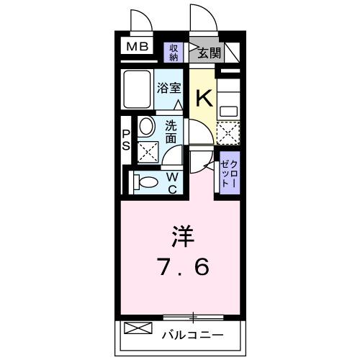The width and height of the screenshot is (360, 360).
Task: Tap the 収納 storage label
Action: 174,52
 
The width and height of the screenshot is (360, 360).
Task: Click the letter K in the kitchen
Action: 204,96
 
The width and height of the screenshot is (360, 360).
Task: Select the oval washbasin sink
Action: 145,128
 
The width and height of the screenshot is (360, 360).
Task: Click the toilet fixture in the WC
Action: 145,181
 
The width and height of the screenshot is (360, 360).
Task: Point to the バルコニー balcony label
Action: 192,334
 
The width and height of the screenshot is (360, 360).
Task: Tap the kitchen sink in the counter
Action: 229,111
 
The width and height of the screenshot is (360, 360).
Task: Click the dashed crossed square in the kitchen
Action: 228,132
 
